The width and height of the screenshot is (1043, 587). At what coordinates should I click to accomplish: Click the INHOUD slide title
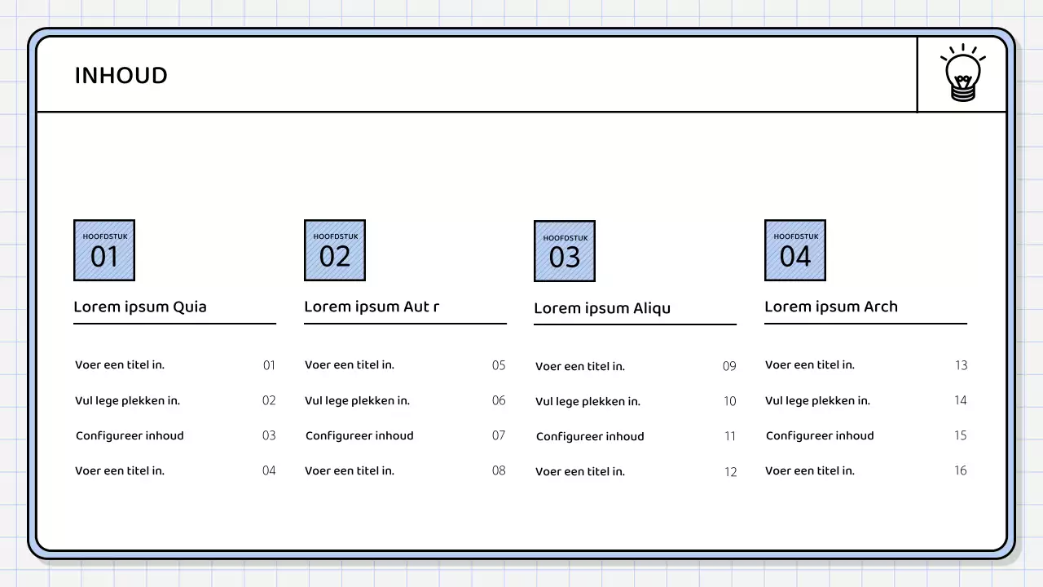tap(121, 76)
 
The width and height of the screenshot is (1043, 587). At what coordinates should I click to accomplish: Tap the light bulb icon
tap(962, 73)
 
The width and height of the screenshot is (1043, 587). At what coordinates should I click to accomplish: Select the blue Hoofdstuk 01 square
tap(104, 250)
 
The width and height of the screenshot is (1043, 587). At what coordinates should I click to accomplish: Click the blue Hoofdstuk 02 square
tap(335, 250)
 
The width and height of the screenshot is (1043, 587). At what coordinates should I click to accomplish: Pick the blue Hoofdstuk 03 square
tap(565, 251)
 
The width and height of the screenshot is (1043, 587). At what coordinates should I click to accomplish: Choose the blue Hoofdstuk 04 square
tap(795, 250)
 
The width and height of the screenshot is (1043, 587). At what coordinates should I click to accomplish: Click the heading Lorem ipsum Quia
tap(140, 307)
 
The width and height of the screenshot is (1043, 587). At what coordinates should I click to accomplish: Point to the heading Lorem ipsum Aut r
tap(372, 307)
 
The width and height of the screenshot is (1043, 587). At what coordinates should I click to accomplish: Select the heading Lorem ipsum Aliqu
tap(602, 308)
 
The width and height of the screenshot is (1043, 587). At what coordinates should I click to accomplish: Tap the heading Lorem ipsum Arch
tap(831, 307)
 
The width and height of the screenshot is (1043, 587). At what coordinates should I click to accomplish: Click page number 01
tap(269, 365)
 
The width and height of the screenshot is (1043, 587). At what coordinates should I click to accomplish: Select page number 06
tap(499, 400)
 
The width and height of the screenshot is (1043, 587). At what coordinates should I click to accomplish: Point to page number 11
tap(730, 436)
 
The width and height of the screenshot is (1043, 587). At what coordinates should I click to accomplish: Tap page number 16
tap(961, 470)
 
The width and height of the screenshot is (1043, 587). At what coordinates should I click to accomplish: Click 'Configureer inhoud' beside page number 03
tap(130, 436)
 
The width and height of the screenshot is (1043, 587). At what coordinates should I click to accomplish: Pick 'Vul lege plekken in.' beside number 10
tap(588, 402)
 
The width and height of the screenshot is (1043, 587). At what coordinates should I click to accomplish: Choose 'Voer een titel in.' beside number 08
tap(350, 471)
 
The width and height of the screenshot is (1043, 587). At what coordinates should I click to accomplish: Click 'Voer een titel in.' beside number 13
tap(810, 365)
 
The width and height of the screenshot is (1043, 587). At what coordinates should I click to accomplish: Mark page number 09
tap(729, 366)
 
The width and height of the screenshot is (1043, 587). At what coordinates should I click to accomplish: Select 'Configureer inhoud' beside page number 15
tap(820, 436)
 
